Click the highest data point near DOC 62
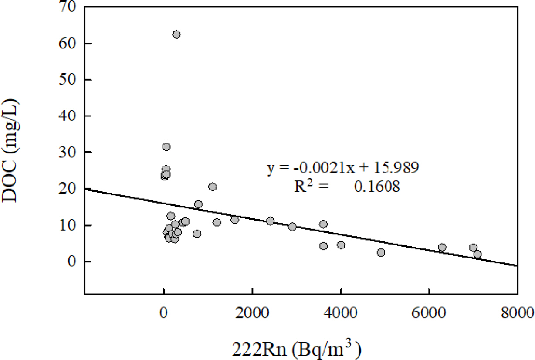[x=176, y=34]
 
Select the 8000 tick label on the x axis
[x=517, y=312]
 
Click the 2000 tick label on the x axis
[x=252, y=312]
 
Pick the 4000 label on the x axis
[x=340, y=312]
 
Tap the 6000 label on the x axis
[x=429, y=312]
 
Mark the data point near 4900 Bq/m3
[x=381, y=252]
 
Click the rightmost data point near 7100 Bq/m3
[x=477, y=254]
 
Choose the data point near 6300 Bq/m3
[x=442, y=247]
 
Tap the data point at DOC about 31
[x=166, y=147]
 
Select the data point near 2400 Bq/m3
[x=270, y=221]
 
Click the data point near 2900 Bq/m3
[x=292, y=227]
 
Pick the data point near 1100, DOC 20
[x=212, y=187]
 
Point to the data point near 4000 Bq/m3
[x=341, y=245]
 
